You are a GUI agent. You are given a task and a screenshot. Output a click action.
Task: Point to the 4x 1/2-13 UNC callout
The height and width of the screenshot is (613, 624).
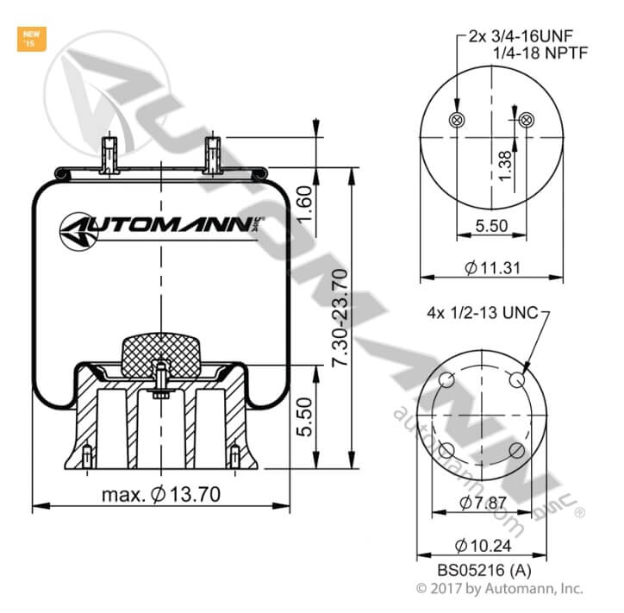point(483,312)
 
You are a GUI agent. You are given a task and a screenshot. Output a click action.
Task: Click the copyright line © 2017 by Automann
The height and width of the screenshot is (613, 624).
point(500,588)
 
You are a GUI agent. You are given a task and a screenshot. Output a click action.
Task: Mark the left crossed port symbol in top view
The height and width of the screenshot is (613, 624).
point(458,119)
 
